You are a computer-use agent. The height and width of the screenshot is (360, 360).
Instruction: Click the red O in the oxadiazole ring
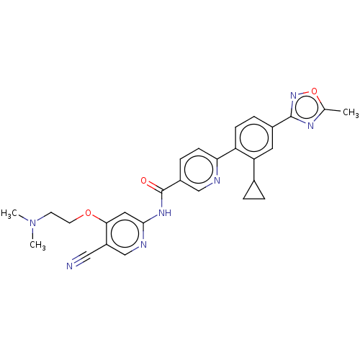(314, 91)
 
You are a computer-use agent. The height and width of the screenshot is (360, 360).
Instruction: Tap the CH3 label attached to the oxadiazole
(351, 112)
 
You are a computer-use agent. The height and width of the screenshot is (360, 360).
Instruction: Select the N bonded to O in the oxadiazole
(293, 95)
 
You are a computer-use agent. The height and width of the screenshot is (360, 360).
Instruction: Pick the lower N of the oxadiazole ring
(310, 126)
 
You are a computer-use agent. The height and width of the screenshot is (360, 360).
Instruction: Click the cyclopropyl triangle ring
(254, 199)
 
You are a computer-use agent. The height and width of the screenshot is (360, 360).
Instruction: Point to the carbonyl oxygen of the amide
(144, 181)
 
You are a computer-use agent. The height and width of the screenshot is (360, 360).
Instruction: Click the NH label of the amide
(165, 212)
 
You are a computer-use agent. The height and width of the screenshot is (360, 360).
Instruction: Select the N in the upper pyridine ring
(217, 180)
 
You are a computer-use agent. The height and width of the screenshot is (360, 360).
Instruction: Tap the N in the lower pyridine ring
(143, 245)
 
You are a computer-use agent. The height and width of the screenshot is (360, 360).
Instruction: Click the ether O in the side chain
(89, 212)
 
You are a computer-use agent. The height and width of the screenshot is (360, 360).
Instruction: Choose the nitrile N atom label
(69, 266)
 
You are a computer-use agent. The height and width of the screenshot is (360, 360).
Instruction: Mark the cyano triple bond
(81, 258)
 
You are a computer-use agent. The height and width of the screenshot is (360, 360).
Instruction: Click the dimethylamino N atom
(32, 223)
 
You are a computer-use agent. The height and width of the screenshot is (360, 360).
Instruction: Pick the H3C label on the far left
(9, 213)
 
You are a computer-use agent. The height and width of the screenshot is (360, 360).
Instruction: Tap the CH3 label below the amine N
(37, 245)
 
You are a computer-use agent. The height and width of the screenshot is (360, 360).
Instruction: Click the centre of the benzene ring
(254, 138)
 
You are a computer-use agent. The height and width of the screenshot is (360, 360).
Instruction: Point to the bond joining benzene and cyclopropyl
(254, 169)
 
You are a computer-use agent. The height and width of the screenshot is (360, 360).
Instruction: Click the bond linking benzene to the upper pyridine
(226, 153)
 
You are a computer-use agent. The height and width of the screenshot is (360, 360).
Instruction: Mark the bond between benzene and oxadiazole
(282, 122)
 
